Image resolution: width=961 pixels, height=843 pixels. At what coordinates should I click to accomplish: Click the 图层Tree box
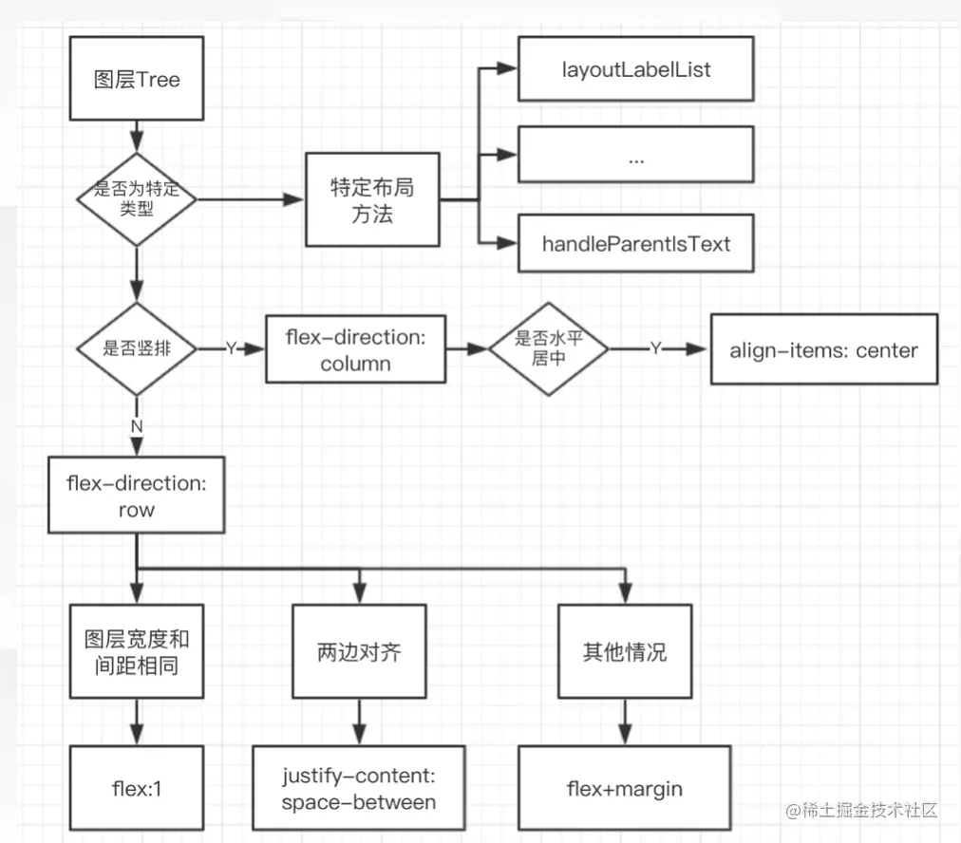(x=137, y=79)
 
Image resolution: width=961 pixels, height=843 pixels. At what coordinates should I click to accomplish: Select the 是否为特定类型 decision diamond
(x=137, y=199)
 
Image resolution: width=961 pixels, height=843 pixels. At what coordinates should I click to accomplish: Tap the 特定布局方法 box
(x=372, y=199)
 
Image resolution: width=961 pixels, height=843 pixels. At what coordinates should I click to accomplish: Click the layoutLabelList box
(x=636, y=68)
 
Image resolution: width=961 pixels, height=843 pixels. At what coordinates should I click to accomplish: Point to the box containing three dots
(x=636, y=155)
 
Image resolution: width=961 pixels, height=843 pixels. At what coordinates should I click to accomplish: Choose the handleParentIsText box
(x=636, y=243)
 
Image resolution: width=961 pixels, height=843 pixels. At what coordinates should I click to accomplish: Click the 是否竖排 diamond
(x=137, y=348)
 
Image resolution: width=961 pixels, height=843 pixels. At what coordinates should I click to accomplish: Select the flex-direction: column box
(x=355, y=349)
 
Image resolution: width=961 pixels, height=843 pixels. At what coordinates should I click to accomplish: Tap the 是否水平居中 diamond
(x=549, y=348)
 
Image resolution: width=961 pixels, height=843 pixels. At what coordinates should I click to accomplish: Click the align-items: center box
(x=824, y=349)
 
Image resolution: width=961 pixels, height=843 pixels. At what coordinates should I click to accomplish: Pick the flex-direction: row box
(x=137, y=495)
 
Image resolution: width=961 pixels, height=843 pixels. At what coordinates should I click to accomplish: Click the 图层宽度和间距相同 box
(x=137, y=651)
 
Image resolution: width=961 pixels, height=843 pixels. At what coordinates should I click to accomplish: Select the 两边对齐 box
(x=359, y=651)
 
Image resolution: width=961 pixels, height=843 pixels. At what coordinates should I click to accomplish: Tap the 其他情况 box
(x=625, y=651)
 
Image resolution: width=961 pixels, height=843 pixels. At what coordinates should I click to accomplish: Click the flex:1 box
(x=137, y=788)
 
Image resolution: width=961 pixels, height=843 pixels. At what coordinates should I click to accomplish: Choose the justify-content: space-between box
(x=359, y=788)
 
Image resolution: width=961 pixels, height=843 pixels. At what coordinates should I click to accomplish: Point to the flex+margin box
(x=625, y=788)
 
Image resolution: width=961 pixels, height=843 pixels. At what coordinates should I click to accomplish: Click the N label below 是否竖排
(x=137, y=426)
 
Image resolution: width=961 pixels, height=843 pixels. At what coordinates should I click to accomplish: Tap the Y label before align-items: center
(x=656, y=348)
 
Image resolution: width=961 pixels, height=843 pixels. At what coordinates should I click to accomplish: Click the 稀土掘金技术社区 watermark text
(x=870, y=810)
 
